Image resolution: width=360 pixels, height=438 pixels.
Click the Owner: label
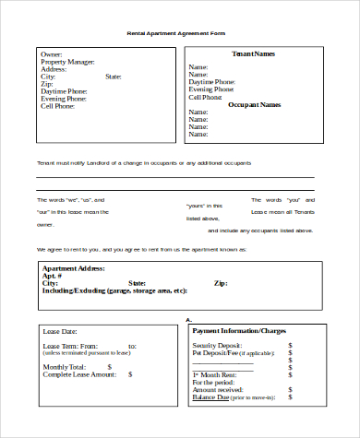point(51,54)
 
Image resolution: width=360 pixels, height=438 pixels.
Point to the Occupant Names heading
point(254,105)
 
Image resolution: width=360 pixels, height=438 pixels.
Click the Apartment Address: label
point(74,268)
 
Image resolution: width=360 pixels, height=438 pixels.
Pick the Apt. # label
point(53,276)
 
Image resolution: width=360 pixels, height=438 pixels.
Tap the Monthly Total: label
point(66,367)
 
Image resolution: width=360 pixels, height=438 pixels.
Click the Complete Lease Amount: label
point(78,374)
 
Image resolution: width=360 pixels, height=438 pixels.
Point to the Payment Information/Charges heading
point(239,330)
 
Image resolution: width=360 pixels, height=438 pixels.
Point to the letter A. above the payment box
point(188,320)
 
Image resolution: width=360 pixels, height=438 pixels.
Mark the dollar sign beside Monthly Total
point(130,367)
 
